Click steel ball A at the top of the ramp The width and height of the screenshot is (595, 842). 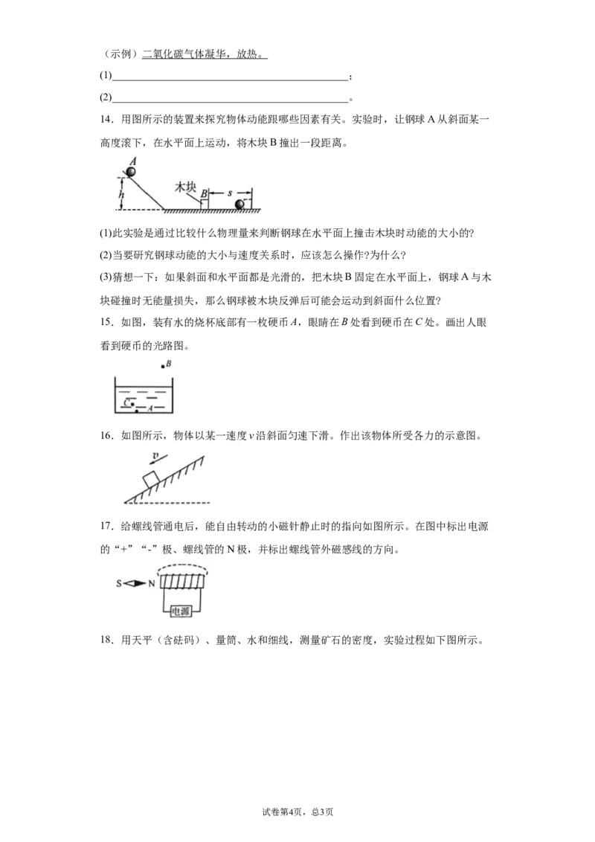click(x=131, y=172)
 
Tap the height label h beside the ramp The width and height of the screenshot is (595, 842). click(x=121, y=194)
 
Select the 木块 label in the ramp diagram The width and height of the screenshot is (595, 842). click(x=185, y=187)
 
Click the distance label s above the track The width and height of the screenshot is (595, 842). click(x=230, y=193)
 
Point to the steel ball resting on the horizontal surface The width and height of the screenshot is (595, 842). click(x=239, y=204)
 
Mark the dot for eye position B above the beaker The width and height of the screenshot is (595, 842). click(x=162, y=367)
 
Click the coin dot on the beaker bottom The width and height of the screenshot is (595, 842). click(x=138, y=411)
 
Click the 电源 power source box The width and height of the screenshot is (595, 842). click(x=181, y=611)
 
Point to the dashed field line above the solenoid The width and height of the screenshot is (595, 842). click(x=181, y=565)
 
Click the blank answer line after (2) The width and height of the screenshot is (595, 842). click(x=230, y=101)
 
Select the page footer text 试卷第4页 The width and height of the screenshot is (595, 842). click(x=283, y=812)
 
